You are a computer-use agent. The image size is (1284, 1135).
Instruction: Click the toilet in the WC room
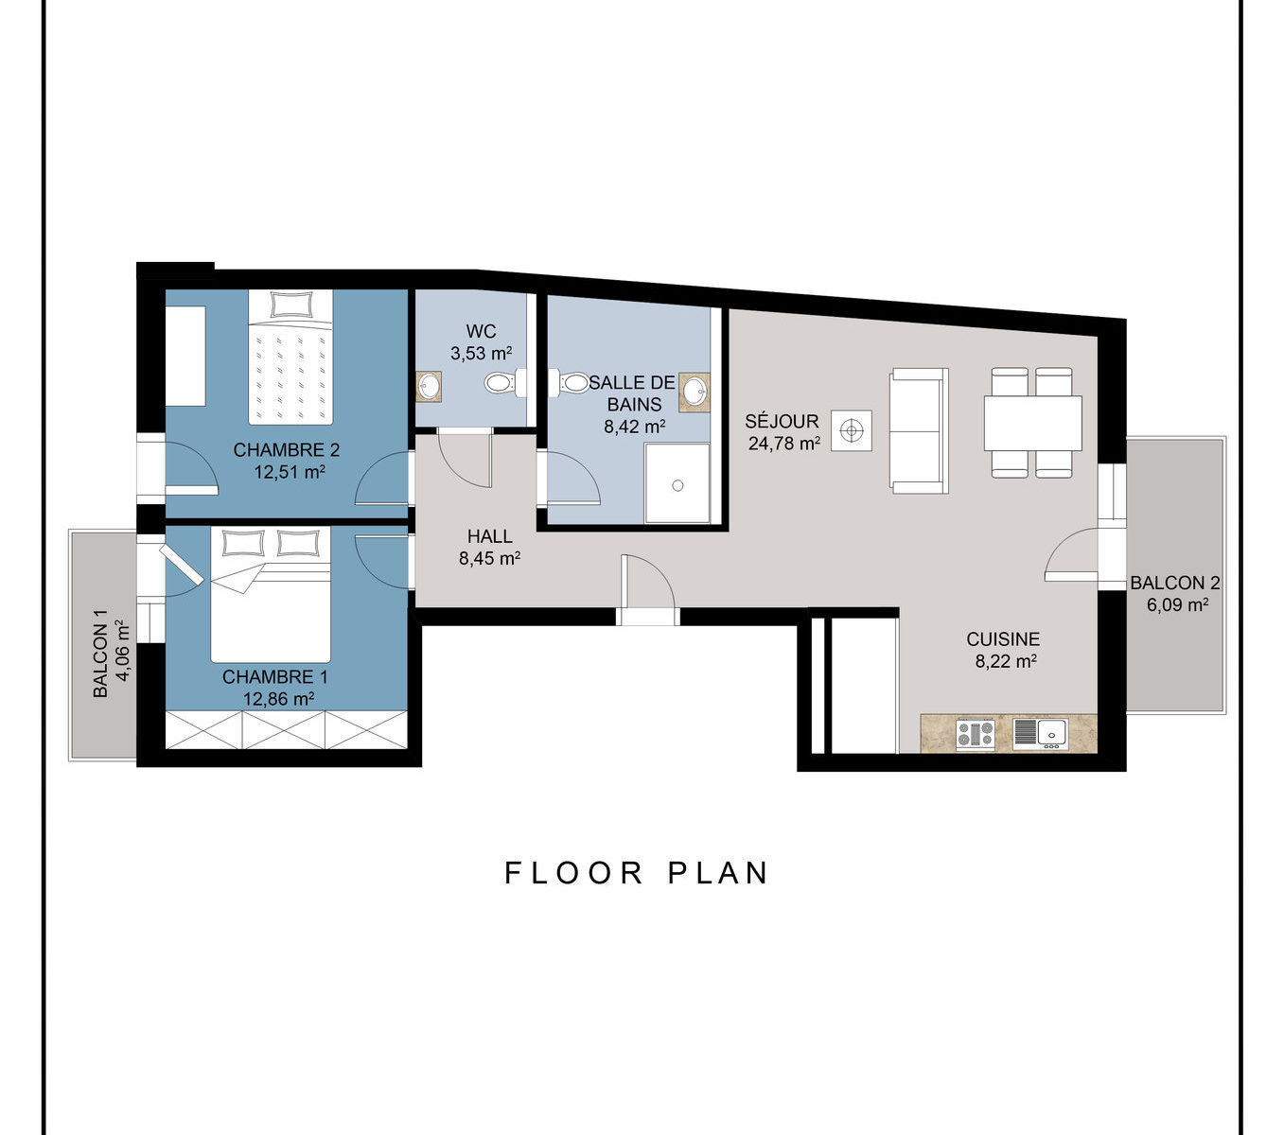click(x=505, y=383)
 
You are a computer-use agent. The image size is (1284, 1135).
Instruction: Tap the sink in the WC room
click(x=429, y=386)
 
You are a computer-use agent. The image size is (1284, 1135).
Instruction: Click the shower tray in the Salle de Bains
click(x=677, y=483)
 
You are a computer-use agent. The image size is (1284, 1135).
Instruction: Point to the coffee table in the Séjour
click(x=852, y=431)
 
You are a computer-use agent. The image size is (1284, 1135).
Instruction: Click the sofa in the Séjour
click(x=919, y=430)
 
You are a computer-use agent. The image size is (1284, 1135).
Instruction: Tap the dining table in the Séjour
click(x=1032, y=423)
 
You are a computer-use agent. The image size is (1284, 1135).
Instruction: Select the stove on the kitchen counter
click(x=976, y=735)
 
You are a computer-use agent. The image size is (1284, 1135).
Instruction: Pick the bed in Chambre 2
click(x=290, y=357)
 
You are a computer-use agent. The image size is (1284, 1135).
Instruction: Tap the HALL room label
click(x=490, y=537)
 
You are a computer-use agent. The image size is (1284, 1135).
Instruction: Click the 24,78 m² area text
click(x=784, y=443)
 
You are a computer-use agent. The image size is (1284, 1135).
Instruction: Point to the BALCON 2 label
click(x=1175, y=583)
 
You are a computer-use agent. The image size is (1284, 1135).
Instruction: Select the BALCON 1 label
click(x=100, y=654)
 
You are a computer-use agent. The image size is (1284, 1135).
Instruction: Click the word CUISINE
click(x=1003, y=638)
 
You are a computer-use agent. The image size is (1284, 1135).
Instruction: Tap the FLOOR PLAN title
click(x=636, y=873)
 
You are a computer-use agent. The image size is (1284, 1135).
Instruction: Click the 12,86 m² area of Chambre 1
click(x=279, y=698)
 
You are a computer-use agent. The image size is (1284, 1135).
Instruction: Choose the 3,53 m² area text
click(x=481, y=353)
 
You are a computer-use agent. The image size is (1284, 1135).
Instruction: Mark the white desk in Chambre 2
click(x=185, y=357)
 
